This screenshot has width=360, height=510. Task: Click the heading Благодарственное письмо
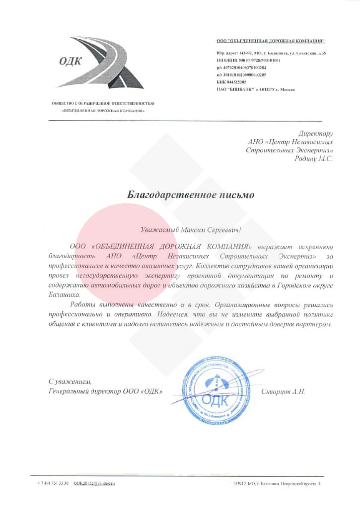191,195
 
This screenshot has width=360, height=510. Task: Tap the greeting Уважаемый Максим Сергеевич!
191,229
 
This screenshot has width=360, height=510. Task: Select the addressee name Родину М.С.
313,159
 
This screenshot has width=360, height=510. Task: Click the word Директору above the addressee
315,134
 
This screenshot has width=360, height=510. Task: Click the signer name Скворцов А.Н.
283,391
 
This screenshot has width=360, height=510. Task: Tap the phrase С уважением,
70,381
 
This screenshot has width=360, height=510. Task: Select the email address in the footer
94,483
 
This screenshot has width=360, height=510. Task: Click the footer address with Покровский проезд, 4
277,483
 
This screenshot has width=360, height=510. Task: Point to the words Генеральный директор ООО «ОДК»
105,391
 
